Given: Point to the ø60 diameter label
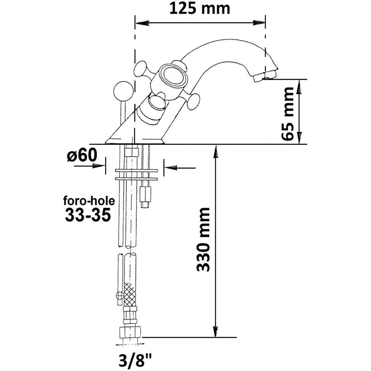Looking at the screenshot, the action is pos(82,156).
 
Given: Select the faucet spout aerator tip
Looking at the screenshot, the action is pos(265,76).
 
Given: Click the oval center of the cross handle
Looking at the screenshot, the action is pos(172,77).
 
